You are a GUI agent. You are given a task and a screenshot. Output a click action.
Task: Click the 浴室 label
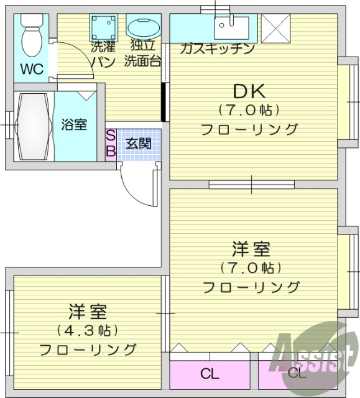click(74, 124)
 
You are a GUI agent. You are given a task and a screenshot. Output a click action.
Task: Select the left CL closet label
click(210, 374)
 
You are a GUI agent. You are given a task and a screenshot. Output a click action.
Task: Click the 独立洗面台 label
click(142, 54)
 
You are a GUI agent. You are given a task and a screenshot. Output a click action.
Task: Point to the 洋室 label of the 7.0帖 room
click(251, 249)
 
